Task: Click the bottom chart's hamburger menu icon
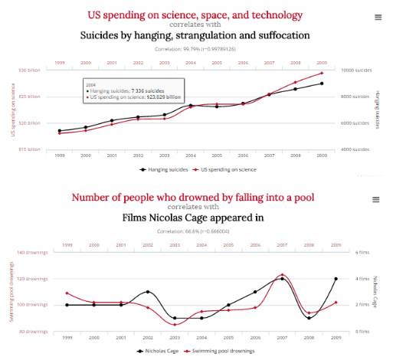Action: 376,199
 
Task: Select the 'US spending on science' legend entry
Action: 228,169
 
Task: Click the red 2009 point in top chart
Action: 323,74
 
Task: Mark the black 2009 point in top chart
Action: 323,83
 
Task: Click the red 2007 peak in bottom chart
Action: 283,274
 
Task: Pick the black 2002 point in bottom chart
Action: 148,292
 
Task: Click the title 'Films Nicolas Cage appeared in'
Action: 194,217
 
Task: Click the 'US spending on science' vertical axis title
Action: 13,108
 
